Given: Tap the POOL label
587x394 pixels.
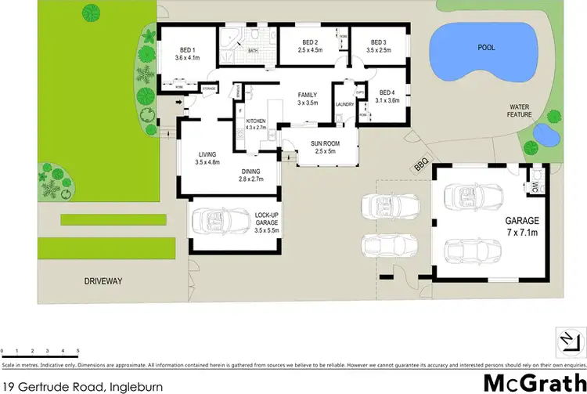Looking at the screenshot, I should [x=487, y=48].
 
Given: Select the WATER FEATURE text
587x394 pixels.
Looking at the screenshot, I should [x=520, y=110].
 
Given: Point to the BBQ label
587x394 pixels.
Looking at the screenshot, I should [x=421, y=165].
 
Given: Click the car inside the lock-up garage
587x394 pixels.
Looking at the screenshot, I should [x=220, y=221].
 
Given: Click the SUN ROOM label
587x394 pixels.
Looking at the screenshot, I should [x=320, y=147].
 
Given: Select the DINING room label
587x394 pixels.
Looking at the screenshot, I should [x=250, y=175].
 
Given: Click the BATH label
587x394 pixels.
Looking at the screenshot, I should [x=253, y=52].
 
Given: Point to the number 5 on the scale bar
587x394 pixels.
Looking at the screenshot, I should [x=77, y=350].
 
